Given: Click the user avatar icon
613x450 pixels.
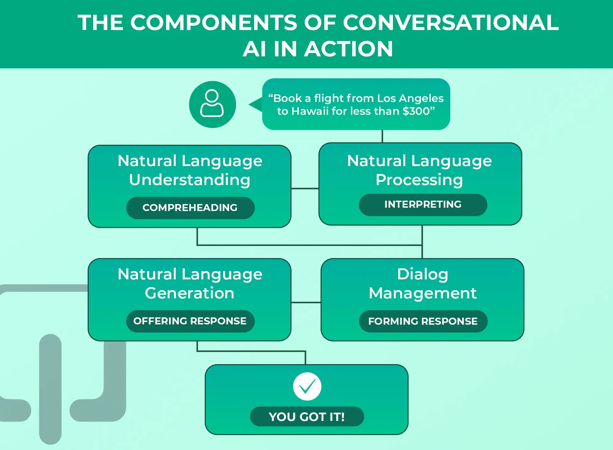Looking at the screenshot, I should pyautogui.click(x=212, y=104).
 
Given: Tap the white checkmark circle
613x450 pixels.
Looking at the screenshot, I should pyautogui.click(x=307, y=386).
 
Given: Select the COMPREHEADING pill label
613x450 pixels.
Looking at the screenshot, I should pyautogui.click(x=190, y=208).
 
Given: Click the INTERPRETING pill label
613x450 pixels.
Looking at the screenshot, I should pyautogui.click(x=423, y=205).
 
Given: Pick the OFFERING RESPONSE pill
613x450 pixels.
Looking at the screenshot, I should pyautogui.click(x=190, y=321).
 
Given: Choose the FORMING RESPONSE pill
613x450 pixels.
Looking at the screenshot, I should pyautogui.click(x=423, y=321).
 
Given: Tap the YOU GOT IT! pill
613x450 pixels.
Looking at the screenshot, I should pyautogui.click(x=307, y=417).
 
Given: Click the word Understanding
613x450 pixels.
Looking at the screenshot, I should pyautogui.click(x=190, y=180).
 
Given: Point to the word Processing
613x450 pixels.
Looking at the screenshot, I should pyautogui.click(x=419, y=180).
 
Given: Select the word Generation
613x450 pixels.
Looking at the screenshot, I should pyautogui.click(x=190, y=293).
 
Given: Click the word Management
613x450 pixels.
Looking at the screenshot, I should pyautogui.click(x=423, y=293).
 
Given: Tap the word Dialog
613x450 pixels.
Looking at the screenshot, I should pyautogui.click(x=423, y=274).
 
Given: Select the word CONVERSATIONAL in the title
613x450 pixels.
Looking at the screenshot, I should pyautogui.click(x=451, y=23).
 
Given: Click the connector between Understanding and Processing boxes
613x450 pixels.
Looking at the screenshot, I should pyautogui.click(x=305, y=188).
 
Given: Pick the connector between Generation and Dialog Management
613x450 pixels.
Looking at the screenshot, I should pyautogui.click(x=306, y=302).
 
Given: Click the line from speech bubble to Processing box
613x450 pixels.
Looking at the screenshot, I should pyautogui.click(x=382, y=136).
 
